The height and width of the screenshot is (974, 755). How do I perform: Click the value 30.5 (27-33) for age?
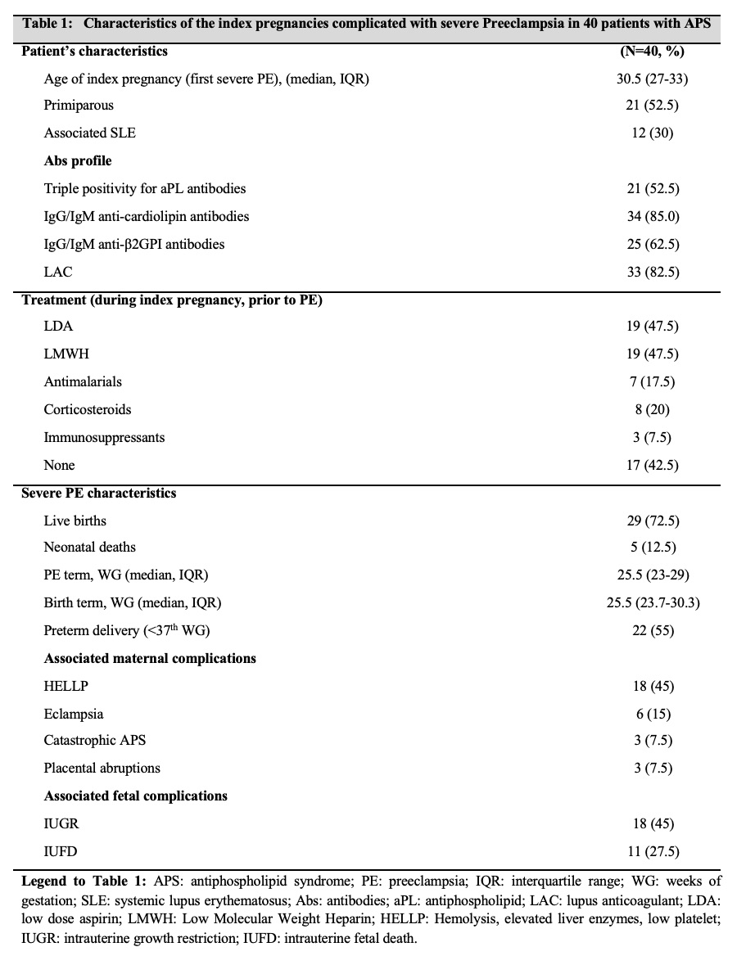(653, 78)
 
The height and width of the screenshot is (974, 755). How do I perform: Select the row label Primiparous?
(79, 106)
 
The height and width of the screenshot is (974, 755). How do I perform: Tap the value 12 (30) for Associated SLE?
(653, 133)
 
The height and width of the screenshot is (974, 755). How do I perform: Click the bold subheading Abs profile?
(78, 161)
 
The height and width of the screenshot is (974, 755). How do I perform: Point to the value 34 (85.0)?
(653, 217)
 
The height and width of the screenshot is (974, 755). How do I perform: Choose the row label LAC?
(57, 273)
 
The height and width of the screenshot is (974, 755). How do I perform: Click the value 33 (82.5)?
(653, 273)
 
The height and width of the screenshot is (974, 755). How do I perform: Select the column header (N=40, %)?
(653, 51)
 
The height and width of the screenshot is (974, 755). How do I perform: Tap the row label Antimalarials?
(83, 382)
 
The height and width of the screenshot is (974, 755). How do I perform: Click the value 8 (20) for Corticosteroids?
(653, 410)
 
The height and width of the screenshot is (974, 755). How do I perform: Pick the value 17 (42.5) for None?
(653, 466)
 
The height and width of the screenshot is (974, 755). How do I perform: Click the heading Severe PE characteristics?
(99, 494)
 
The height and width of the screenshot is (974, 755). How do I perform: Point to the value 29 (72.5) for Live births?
(653, 521)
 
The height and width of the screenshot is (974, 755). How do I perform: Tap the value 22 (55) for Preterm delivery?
(653, 631)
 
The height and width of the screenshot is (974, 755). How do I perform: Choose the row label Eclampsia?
(74, 715)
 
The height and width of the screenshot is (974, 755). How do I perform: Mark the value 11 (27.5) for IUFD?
(653, 852)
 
